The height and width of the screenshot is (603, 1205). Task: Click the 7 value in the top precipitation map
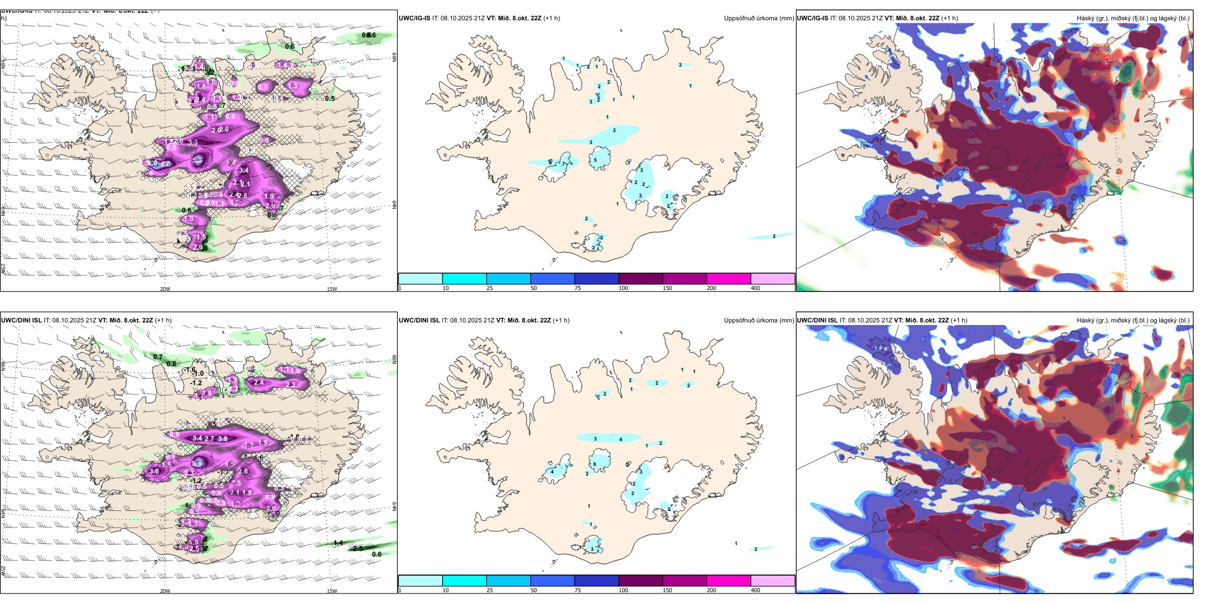point(564,164)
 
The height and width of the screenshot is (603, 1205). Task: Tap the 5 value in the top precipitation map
point(595,160)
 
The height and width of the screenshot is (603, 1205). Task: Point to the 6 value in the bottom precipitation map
point(594,465)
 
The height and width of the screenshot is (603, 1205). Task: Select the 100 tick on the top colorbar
point(623,288)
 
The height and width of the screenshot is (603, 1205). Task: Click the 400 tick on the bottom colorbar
point(755,590)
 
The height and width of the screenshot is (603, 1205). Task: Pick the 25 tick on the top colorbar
point(490,288)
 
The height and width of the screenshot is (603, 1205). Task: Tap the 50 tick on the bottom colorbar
point(533,590)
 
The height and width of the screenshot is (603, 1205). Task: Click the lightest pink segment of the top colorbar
point(772,279)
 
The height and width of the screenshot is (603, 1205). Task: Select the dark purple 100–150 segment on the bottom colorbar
point(641,581)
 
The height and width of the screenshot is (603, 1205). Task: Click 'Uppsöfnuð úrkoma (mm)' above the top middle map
point(759,18)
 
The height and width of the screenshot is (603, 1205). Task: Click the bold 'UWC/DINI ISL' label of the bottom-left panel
point(21,321)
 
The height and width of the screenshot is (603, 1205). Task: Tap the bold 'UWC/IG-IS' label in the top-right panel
point(812,18)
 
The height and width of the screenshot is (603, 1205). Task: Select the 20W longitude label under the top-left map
point(165,289)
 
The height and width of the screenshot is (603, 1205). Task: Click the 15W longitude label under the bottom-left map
point(332,591)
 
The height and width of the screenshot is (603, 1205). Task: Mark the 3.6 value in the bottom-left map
point(153,472)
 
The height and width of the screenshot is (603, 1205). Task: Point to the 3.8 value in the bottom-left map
point(223,439)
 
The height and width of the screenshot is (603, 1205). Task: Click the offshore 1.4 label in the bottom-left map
point(338,543)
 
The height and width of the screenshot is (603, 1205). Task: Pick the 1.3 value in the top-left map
point(292,86)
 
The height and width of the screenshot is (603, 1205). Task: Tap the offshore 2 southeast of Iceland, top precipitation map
point(774,236)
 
